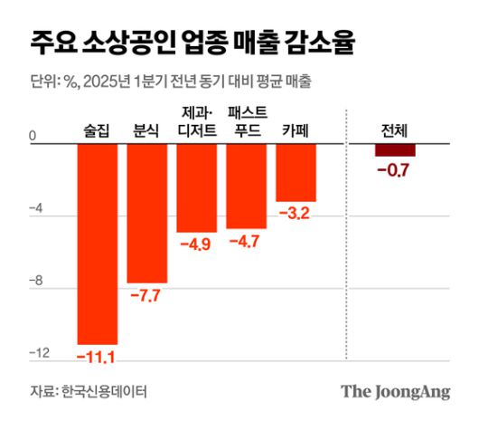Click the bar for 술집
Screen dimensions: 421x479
tap(98, 243)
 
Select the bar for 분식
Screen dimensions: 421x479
tap(147, 213)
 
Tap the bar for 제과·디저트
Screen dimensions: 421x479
tap(196, 187)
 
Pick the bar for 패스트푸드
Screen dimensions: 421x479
tap(246, 186)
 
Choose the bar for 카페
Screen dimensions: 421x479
tap(296, 172)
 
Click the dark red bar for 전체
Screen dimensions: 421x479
tap(395, 149)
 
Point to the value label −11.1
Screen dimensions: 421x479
tap(97, 357)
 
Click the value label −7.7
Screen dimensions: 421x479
tap(147, 296)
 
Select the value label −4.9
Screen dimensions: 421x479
tap(196, 245)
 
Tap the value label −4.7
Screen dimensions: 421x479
tap(246, 242)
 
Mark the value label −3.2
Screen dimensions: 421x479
tap(296, 215)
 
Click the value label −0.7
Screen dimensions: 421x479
tap(395, 169)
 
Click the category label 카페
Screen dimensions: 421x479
tap(296, 129)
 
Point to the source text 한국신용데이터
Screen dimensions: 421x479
tap(104, 391)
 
